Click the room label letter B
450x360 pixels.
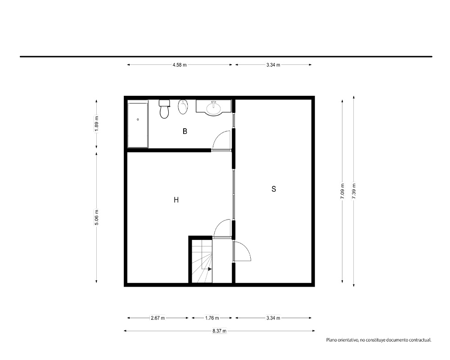185,131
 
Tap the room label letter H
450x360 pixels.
176,200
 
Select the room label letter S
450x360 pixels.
274,189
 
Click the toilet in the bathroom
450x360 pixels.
164,109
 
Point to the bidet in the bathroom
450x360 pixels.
183,107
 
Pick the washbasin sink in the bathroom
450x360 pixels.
213,108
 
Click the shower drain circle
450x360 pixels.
138,119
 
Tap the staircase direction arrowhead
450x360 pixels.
210,269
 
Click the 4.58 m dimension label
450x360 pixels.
180,65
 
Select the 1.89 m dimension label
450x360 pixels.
96,124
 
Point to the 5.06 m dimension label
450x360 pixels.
96,217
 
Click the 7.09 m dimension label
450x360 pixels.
342,191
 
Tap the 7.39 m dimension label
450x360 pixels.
354,191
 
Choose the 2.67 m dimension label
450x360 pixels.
158,318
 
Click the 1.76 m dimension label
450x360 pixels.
212,318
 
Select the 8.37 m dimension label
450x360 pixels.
220,331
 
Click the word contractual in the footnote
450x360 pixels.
420,340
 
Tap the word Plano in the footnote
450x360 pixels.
331,340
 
